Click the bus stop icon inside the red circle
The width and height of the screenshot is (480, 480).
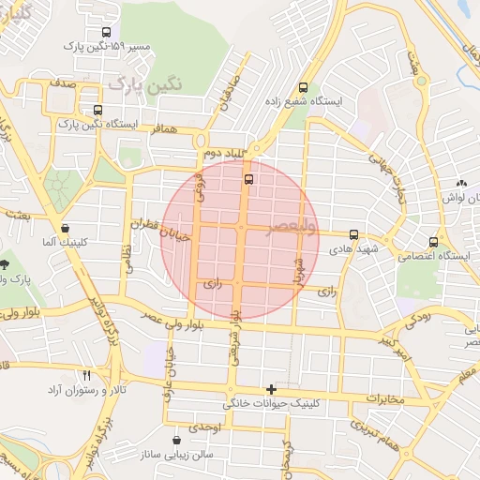click(x=248, y=179)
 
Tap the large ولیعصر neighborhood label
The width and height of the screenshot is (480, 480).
click(x=292, y=228)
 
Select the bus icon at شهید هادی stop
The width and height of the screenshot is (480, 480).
click(x=353, y=234)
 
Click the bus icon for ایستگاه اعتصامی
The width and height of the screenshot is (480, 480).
click(x=433, y=241)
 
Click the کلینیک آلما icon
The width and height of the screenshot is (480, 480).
click(x=65, y=228)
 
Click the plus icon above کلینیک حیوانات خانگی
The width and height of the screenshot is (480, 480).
click(x=272, y=388)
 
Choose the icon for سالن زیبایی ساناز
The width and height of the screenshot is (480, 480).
click(x=177, y=439)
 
